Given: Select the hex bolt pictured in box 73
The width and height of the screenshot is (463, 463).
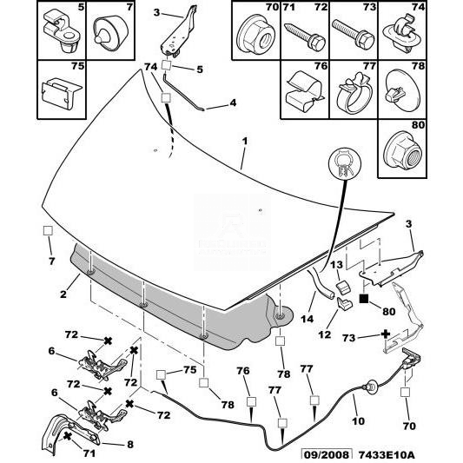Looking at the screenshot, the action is click(354, 35).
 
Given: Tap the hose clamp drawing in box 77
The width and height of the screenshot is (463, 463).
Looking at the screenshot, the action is click(354, 92).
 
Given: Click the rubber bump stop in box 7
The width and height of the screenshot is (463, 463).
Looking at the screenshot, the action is click(110, 32).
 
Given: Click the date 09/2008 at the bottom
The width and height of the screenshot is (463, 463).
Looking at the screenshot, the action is click(327, 454).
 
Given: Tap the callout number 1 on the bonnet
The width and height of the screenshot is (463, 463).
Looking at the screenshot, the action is click(245, 141).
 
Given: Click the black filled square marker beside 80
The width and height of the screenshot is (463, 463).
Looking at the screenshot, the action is click(363, 299).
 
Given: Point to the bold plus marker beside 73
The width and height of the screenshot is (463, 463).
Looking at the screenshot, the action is click(386, 334).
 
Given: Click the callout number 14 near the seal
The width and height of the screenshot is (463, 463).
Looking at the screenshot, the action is click(308, 319).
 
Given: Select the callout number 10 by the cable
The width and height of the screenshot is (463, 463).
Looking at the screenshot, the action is click(358, 420).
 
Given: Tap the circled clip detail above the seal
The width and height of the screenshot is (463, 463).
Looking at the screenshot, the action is click(345, 163).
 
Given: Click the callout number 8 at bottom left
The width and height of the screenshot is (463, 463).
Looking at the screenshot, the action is click(130, 445).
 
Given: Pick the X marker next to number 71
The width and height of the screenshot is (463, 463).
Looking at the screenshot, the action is click(68, 436).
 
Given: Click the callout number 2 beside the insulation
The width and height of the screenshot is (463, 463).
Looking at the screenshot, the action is click(63, 294).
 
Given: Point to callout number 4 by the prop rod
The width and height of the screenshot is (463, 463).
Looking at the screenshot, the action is click(233, 103).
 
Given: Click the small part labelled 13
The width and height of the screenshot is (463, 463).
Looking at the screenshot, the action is click(342, 288).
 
